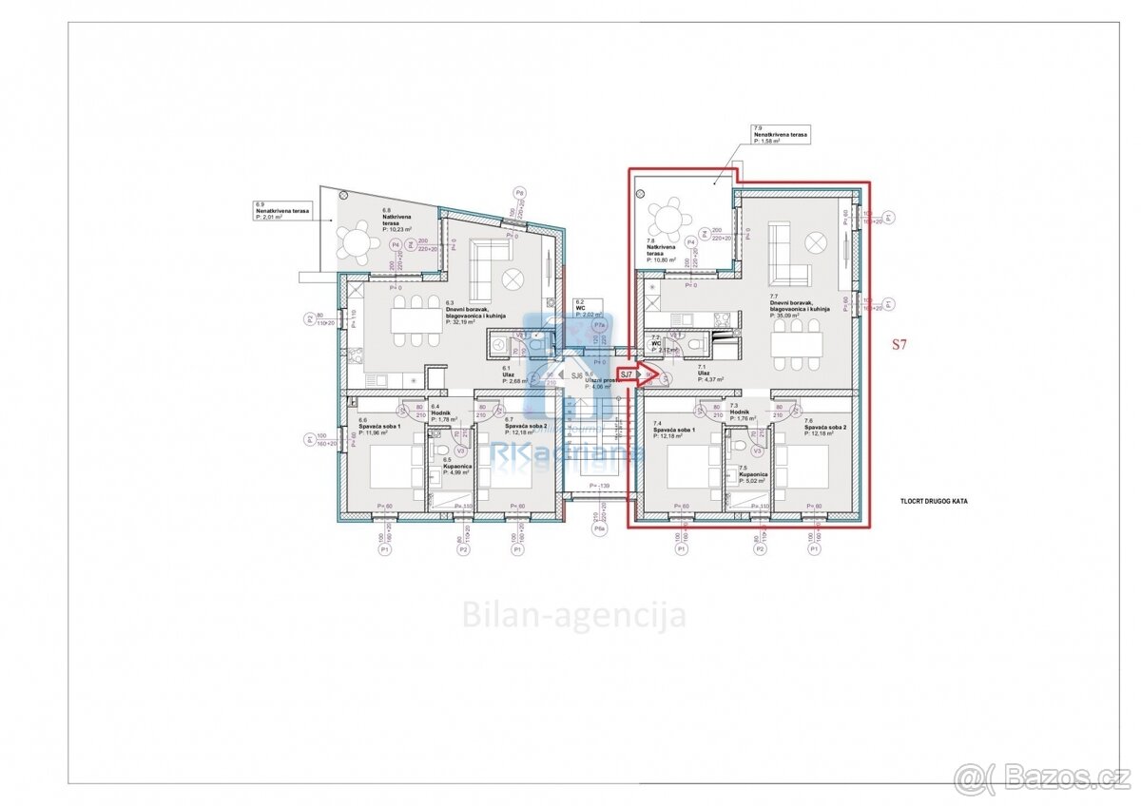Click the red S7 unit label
pyautogui.click(x=898, y=346)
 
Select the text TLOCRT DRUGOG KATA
pyautogui.click(x=933, y=500)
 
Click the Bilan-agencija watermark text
pyautogui.click(x=573, y=615)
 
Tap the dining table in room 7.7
pyautogui.click(x=797, y=342)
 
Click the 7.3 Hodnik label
pyautogui.click(x=743, y=410)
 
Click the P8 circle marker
pyautogui.click(x=519, y=192)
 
